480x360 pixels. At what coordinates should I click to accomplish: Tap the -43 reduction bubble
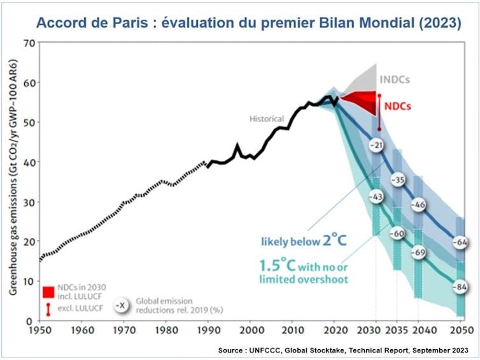[x=376, y=197]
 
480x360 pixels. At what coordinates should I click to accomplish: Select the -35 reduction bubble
[x=398, y=179]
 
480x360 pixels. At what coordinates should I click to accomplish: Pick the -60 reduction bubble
[x=397, y=233]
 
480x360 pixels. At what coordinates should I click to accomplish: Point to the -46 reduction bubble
[x=419, y=205]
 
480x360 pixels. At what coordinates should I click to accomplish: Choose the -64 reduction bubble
[x=462, y=242]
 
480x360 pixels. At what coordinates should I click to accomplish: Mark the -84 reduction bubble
[x=462, y=287]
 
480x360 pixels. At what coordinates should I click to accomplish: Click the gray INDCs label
[x=394, y=80]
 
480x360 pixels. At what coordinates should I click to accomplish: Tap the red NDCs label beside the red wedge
[x=397, y=106]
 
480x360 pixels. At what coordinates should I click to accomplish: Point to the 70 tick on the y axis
[x=27, y=43]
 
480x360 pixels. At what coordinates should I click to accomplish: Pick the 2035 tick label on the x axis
[x=397, y=331]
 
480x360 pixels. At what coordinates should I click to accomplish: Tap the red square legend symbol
[x=48, y=293]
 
